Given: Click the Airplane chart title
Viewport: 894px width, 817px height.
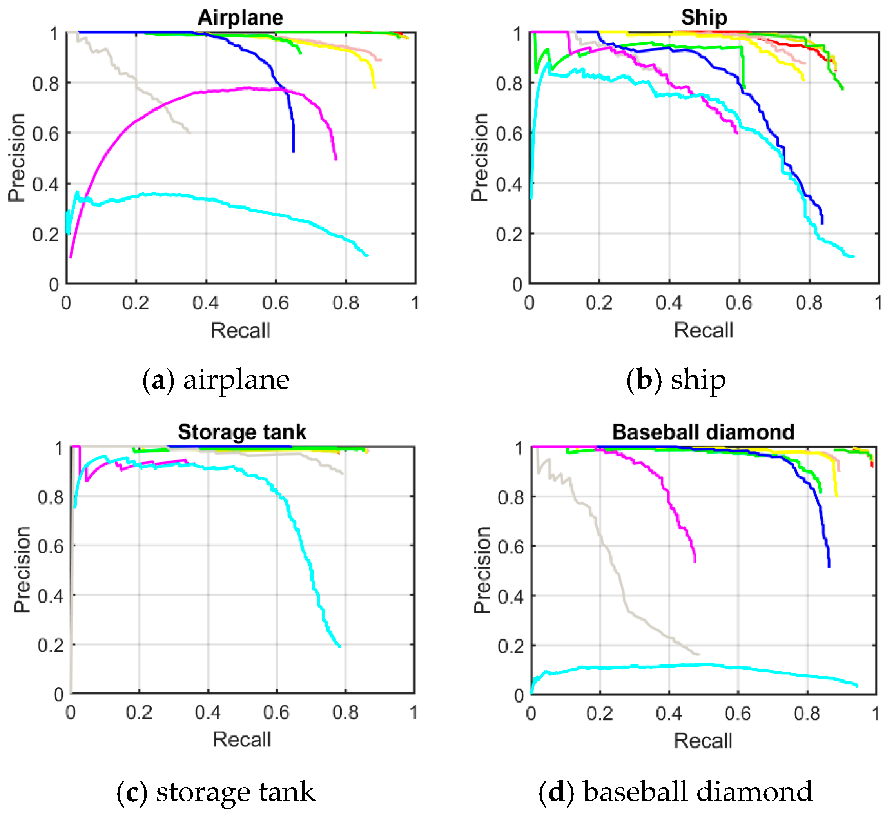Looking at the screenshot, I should click(240, 18).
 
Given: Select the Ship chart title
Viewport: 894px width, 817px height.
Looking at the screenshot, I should click(704, 18).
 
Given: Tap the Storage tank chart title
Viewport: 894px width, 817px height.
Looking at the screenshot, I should click(242, 432).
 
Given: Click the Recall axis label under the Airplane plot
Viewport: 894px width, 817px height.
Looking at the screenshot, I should click(240, 330).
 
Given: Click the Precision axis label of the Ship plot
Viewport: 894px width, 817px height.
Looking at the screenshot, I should click(480, 158).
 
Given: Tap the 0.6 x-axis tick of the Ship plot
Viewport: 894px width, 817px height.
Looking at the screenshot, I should click(739, 303).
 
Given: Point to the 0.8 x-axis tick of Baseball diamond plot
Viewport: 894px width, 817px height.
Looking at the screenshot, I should click(807, 714).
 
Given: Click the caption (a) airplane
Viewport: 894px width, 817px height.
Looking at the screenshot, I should click(216, 380).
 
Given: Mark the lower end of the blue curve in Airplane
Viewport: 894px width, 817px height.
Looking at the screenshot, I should click(293, 152).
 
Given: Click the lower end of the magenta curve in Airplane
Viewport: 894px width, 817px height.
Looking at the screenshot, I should click(335, 159).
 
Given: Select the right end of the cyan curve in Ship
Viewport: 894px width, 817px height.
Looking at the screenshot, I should click(853, 256).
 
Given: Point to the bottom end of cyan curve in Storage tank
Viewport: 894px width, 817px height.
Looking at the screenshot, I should click(339, 646).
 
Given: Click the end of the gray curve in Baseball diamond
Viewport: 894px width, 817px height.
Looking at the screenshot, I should click(698, 654).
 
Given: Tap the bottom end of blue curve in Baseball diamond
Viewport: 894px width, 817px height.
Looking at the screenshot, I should click(829, 566).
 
